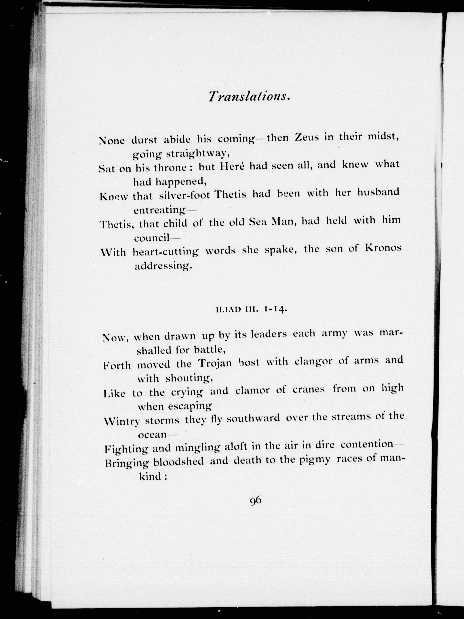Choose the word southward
point(253,419)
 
